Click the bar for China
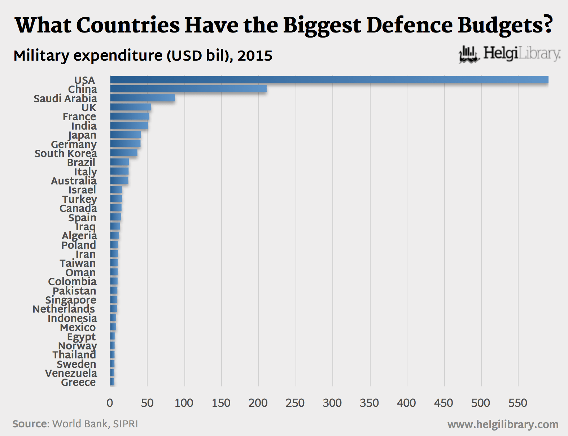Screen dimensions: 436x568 click(x=188, y=89)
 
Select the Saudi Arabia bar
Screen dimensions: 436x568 click(x=143, y=98)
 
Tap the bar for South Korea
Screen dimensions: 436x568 click(x=124, y=153)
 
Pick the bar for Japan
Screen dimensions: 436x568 click(x=126, y=135)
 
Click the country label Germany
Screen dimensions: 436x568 click(x=74, y=144)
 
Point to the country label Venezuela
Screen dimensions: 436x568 click(x=71, y=373)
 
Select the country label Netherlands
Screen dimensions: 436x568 click(x=64, y=309)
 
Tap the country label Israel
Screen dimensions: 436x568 click(x=82, y=190)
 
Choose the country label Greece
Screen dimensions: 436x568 click(x=78, y=382)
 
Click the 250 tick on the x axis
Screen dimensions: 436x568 click(x=295, y=403)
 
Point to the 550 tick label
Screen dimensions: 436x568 click(x=518, y=403)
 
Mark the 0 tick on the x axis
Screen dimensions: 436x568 click(x=110, y=403)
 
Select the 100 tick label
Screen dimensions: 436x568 click(x=184, y=403)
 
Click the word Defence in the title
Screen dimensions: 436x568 click(x=410, y=25)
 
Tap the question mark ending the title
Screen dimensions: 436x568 click(x=547, y=25)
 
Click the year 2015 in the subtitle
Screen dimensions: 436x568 click(x=255, y=56)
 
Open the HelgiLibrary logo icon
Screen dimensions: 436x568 click(x=468, y=54)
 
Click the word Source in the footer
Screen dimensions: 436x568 click(x=30, y=424)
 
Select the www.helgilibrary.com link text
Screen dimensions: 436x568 click(x=503, y=424)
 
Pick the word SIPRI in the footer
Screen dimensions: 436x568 click(x=126, y=424)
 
